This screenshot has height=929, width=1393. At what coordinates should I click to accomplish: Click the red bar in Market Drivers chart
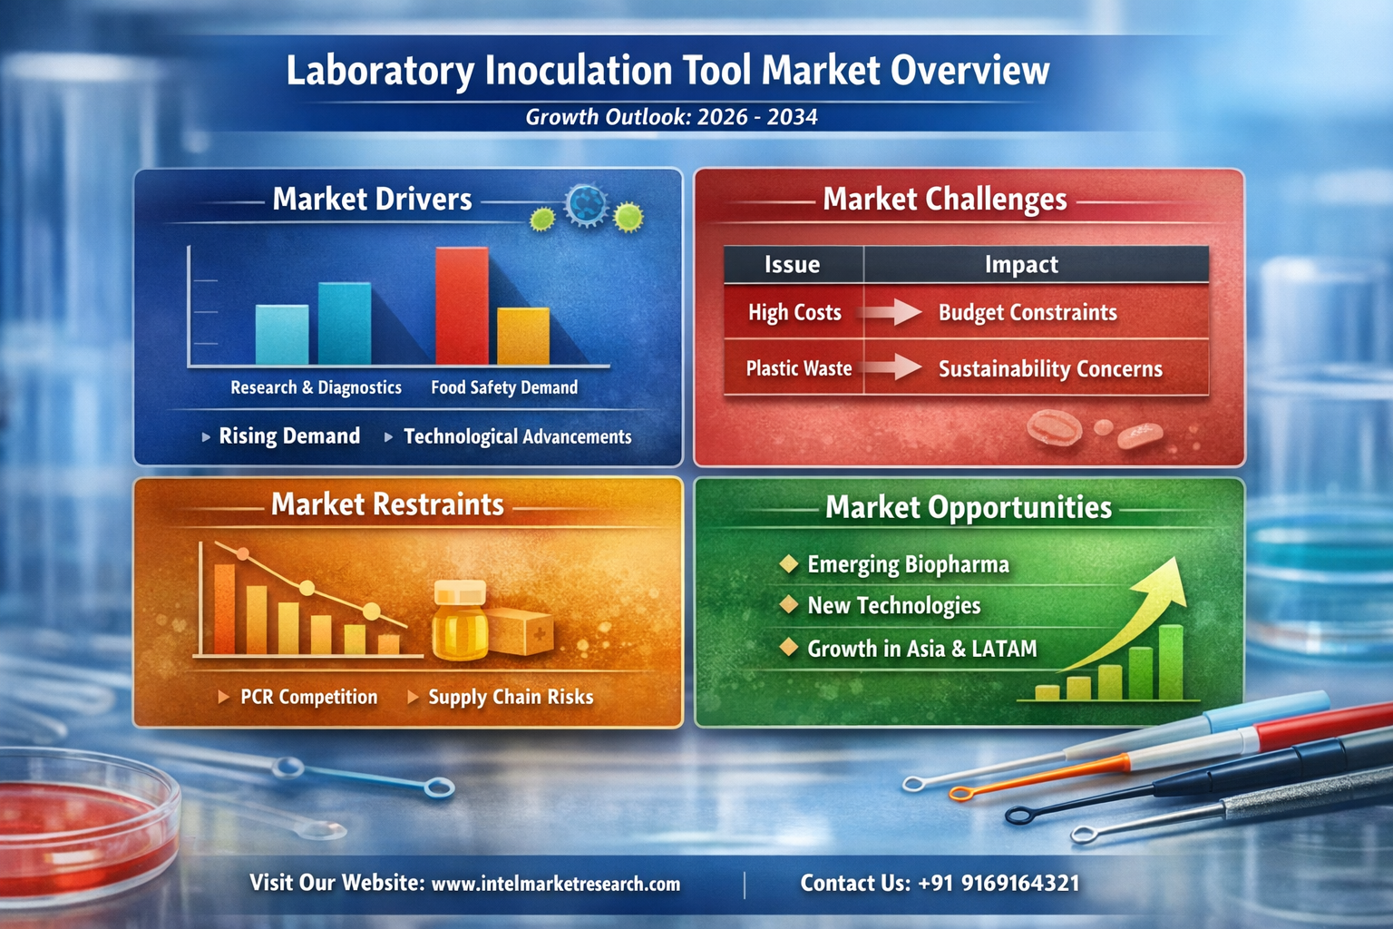pos(462,306)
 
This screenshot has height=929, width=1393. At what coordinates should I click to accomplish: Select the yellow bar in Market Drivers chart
pos(523,336)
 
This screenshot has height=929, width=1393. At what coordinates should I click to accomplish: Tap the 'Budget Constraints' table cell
pos(1028,312)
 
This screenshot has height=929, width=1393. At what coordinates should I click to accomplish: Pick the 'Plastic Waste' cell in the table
pos(798,368)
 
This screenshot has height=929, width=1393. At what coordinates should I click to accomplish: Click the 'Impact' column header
pos(1021,264)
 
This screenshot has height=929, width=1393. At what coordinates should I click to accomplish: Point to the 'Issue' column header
pos(792,264)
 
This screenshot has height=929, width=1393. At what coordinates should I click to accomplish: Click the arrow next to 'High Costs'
pos(890,312)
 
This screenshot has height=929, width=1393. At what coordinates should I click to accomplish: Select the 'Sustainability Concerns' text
pos(1050,369)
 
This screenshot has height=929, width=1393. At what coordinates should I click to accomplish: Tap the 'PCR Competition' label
pos(308,697)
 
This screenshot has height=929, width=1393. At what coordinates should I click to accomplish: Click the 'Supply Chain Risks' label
pos(511,697)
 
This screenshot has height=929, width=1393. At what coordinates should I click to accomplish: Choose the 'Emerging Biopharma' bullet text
pos(908,564)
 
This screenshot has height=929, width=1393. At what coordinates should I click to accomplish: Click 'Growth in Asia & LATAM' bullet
pos(922,649)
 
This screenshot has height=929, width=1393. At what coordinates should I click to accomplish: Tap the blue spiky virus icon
pos(586,204)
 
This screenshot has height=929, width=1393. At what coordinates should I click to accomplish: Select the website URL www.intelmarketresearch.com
pos(555,885)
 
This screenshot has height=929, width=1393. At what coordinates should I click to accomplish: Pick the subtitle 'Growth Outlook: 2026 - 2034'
pos(672,117)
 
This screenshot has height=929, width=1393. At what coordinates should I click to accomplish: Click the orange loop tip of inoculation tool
pos(960,794)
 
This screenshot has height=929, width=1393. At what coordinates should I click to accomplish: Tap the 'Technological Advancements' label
pos(518,436)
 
